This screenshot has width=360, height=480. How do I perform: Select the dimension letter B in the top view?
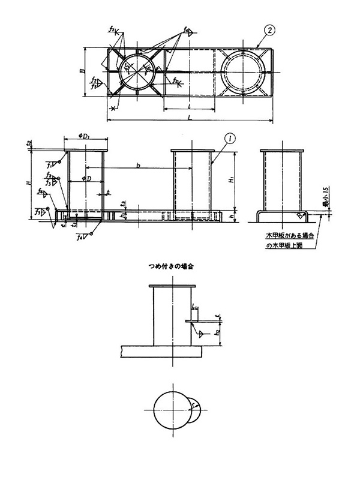(x=82, y=70)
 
